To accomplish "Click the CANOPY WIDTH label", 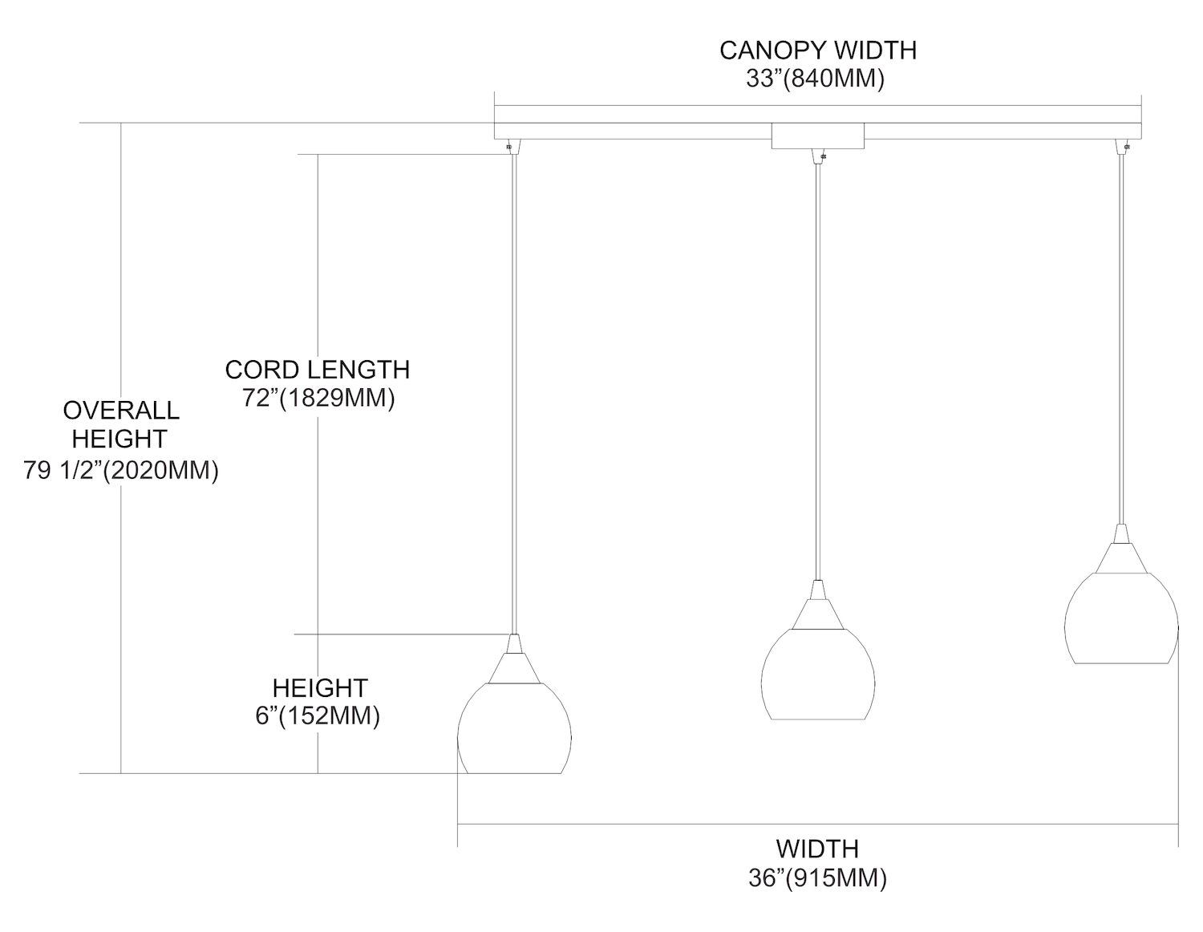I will tap(817, 50).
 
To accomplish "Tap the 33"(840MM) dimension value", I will tap(815, 79).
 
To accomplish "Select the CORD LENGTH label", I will tap(318, 370).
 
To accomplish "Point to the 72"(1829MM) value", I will tap(318, 399).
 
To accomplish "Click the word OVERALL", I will tap(121, 411).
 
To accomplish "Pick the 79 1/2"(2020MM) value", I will tap(121, 470).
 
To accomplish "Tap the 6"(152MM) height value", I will tap(318, 715).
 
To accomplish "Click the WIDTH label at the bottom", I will tap(817, 849).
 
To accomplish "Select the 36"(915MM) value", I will tap(817, 878).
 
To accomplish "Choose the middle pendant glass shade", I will tap(817, 675).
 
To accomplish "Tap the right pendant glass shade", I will tap(1121, 618).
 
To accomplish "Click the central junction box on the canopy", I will tap(817, 136).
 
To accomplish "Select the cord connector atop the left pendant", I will tap(512, 147).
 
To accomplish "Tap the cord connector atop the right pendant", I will tap(1124, 147).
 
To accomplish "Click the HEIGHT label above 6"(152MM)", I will tap(319, 687).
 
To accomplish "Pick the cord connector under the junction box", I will tap(819, 156).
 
